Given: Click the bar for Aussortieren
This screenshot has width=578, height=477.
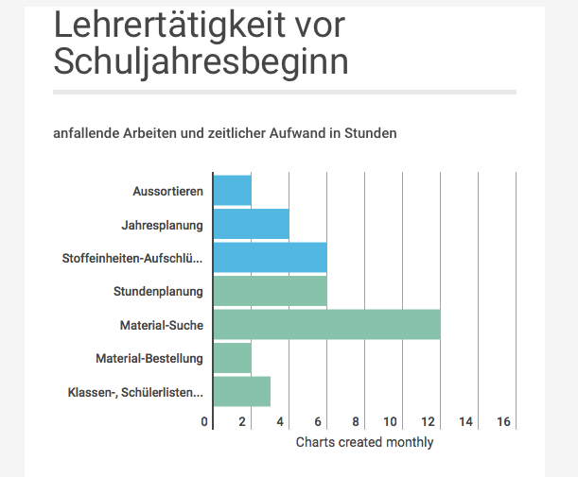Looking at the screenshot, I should pos(233,191).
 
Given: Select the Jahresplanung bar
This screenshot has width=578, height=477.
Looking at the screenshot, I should pos(252,225).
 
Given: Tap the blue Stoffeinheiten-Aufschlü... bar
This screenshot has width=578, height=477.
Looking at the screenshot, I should pos(271,258).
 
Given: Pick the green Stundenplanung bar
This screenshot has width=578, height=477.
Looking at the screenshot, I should pos(271,292).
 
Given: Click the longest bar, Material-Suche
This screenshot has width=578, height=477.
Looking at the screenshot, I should pos(327,325).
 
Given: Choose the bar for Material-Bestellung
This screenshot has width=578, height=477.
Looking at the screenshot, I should pos(233,359).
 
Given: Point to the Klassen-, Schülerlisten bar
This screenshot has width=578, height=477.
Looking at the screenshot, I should pos(242,392).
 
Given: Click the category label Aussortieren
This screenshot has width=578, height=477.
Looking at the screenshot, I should pos(167,192).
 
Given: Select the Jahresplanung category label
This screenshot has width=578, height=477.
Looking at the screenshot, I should pos(162,225).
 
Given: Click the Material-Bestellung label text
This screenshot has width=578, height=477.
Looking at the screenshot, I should pos(149,359).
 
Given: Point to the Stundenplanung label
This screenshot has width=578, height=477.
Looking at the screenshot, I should pos(158,292).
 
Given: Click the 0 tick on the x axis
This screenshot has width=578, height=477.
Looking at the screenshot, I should pos(205,422).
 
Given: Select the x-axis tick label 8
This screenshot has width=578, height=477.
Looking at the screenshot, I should pos(357,422).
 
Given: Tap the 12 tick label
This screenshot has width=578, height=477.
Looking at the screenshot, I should pos(429,422).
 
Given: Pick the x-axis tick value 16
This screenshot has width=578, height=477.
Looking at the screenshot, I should pos(503,422).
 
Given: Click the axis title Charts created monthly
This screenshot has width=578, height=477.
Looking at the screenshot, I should pos(364,442).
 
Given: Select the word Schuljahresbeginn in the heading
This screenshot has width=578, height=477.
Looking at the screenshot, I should pos(201,62).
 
